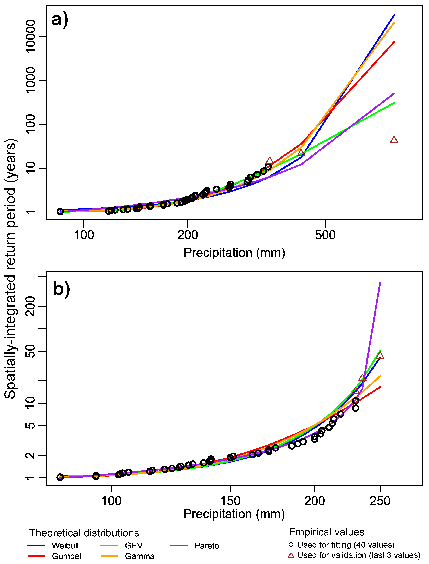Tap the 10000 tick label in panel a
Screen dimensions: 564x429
pos(31,36)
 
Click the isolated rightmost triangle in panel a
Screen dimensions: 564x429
pos(394,140)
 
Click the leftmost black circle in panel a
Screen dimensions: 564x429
pos(60,211)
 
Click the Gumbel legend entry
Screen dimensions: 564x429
pos(66,556)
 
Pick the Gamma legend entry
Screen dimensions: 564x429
pos(140,556)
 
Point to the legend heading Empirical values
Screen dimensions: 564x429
pos(326,532)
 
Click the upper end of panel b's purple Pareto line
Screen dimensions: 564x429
pos(380,283)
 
